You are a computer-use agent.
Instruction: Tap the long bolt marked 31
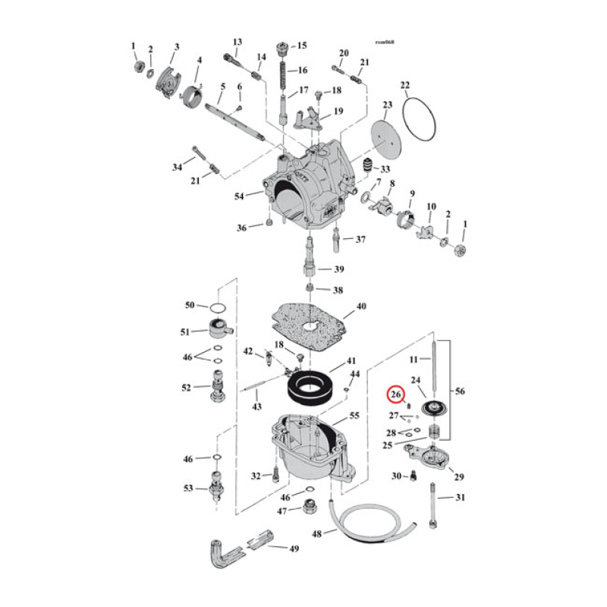pyautogui.click(x=433, y=505)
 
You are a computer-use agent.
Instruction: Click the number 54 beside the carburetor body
pyautogui.click(x=240, y=197)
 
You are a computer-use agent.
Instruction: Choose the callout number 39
pyautogui.click(x=339, y=269)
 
